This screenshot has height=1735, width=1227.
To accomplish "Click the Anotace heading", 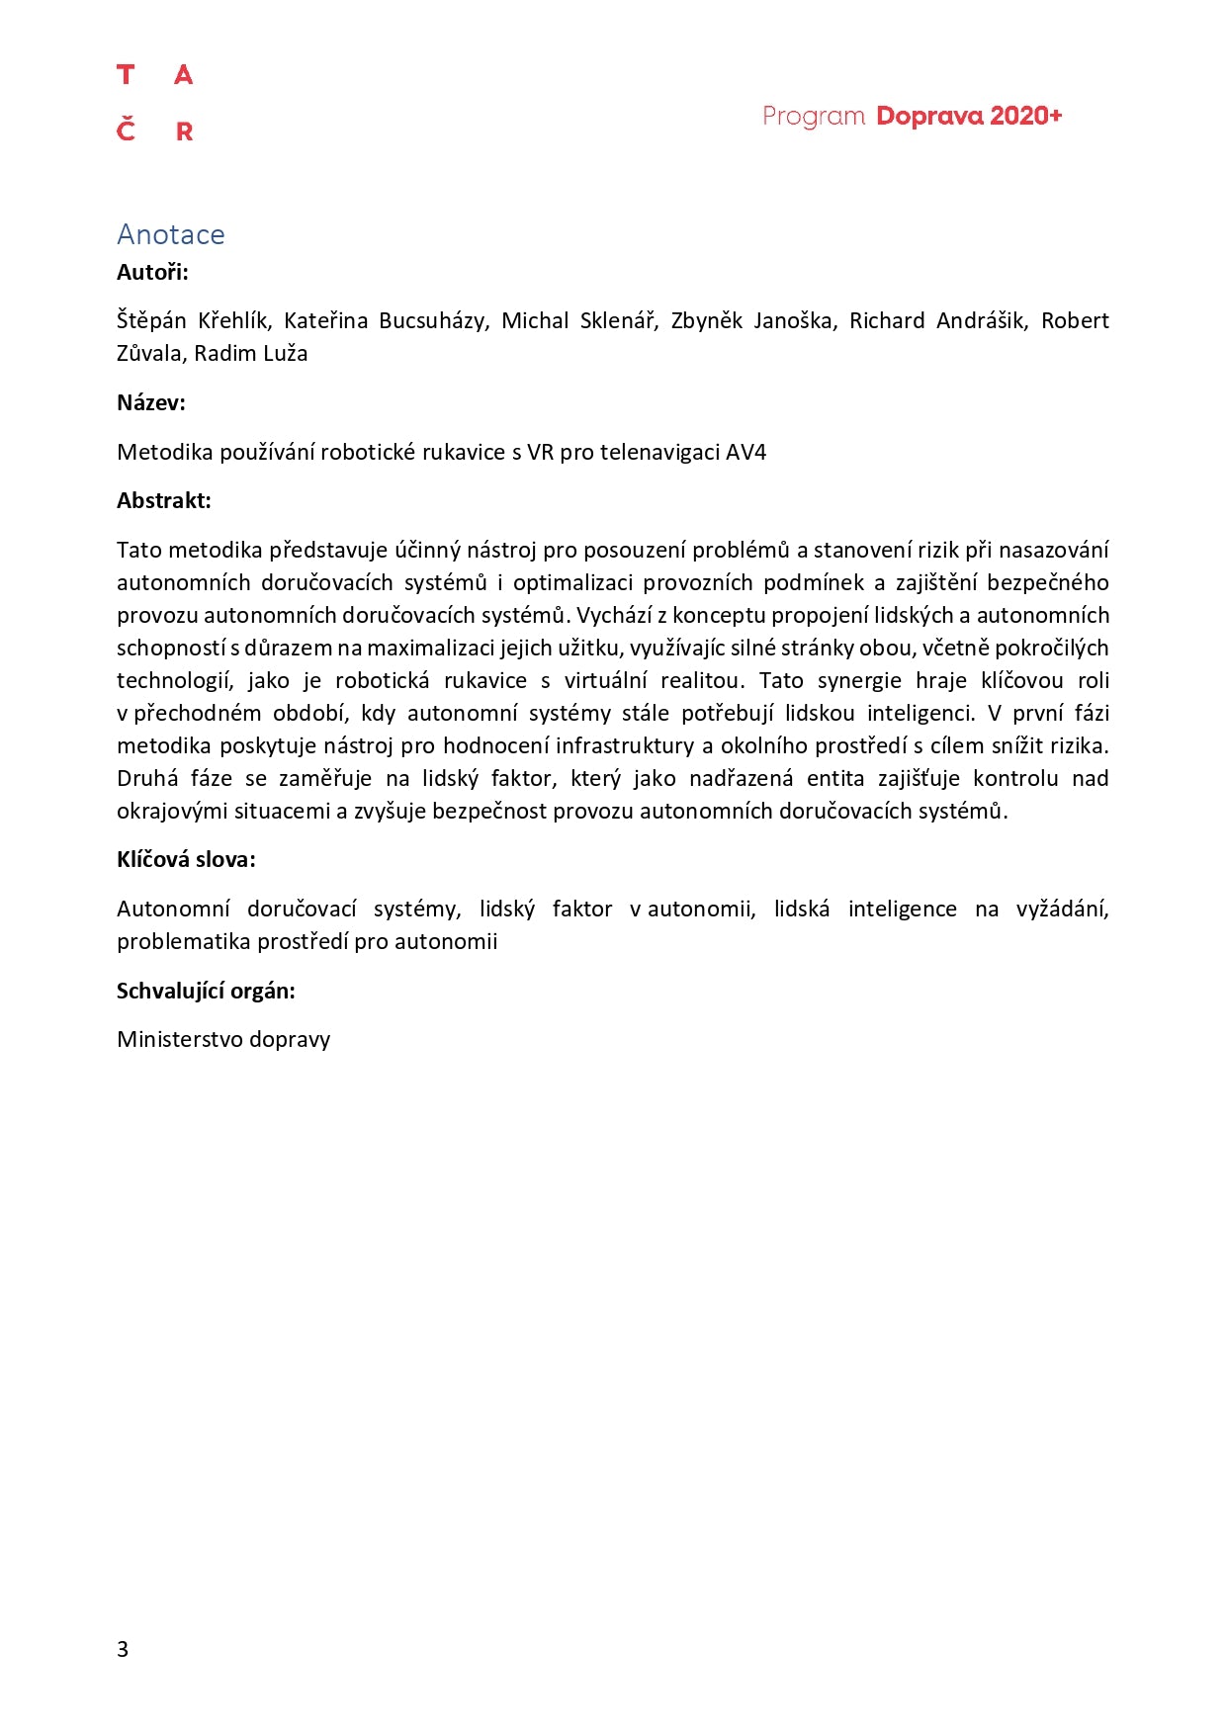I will tap(170, 234).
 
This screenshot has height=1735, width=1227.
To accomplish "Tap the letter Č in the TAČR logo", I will tap(126, 130).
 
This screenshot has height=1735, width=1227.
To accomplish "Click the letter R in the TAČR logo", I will tap(184, 131).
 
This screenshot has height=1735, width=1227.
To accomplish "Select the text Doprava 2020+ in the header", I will tap(969, 116).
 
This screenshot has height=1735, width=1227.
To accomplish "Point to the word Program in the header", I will tap(814, 117).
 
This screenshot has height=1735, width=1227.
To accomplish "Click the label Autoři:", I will tap(152, 272).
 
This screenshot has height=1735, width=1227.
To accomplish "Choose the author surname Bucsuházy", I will tap(433, 320).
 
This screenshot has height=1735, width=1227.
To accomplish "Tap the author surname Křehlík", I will tap(232, 320).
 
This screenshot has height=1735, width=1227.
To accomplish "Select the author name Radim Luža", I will tap(251, 353).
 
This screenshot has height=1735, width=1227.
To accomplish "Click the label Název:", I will tap(151, 402).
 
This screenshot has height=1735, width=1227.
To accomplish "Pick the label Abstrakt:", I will tap(164, 500).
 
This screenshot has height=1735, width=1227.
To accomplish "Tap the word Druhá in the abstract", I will tap(147, 778).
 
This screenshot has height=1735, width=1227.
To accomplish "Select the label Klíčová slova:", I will tap(186, 859).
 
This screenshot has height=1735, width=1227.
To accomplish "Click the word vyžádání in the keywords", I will tap(1062, 909).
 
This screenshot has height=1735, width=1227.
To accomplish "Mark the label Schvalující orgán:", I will tap(206, 991).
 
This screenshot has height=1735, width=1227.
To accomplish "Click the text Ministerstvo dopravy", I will tap(223, 1039).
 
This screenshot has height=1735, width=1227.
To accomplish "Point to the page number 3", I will tap(123, 1648).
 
